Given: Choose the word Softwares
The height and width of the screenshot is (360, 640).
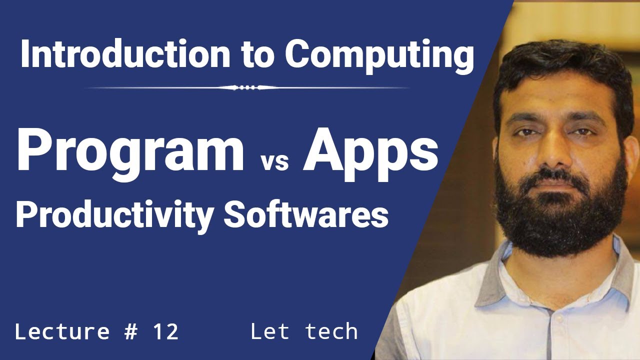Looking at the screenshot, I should coord(306,215).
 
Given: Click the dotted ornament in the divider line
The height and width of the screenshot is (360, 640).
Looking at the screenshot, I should coord(247,87).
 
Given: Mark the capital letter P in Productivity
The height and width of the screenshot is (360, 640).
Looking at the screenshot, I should coord(25,215).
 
